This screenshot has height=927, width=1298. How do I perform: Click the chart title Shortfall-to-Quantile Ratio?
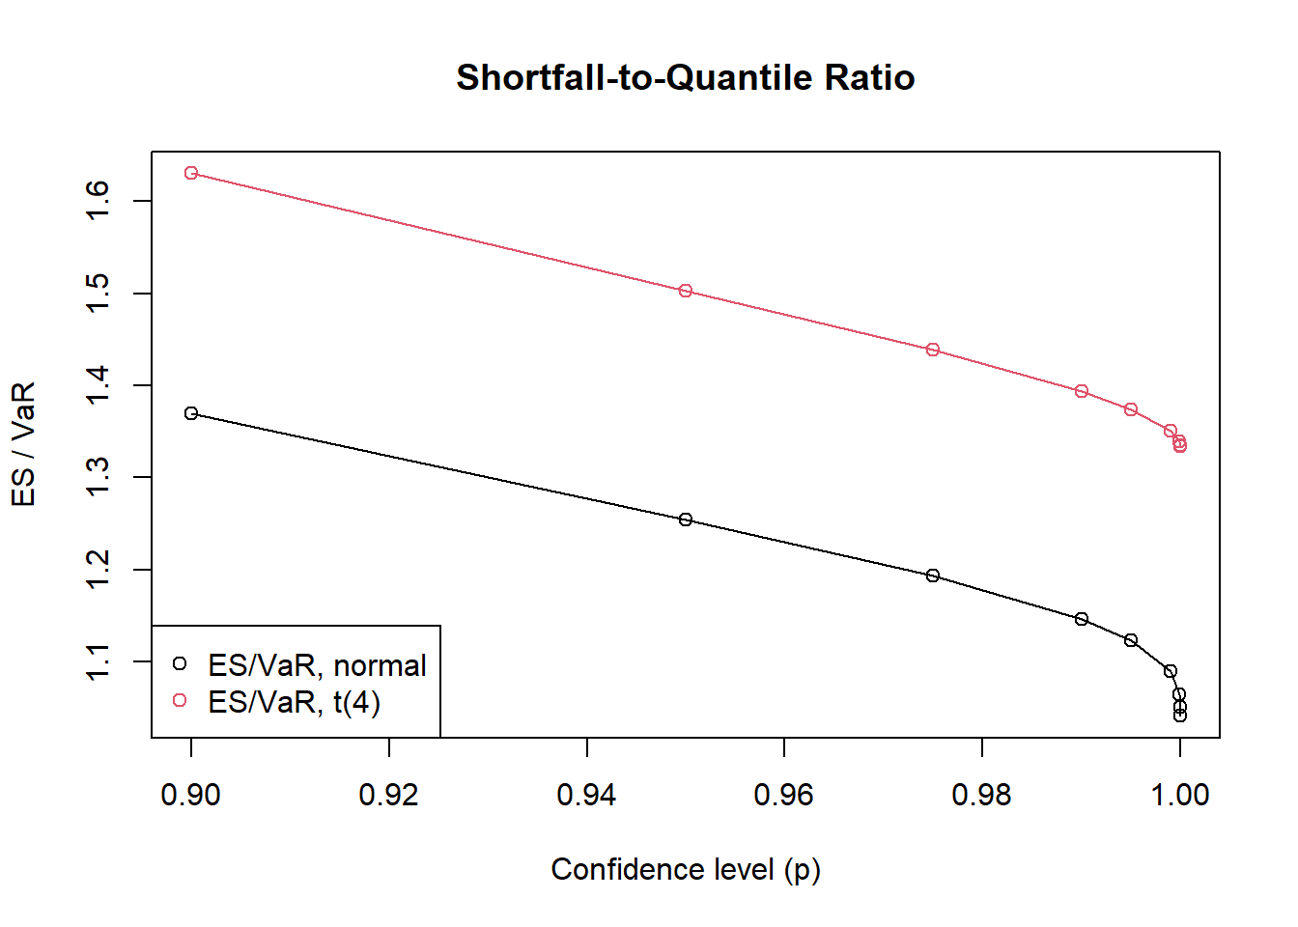point(685,77)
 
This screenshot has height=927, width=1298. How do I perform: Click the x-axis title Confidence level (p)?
point(685,869)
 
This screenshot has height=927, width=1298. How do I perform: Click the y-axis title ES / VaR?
point(23,443)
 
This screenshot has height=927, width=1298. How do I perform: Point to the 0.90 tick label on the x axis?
point(191,795)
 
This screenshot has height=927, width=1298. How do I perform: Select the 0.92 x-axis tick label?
point(388,795)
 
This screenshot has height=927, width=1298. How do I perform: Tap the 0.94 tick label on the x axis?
point(586,795)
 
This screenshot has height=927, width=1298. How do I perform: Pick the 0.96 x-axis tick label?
point(783,795)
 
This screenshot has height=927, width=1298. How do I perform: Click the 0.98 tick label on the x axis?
point(981,795)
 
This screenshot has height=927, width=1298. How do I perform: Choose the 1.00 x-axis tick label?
point(1179,795)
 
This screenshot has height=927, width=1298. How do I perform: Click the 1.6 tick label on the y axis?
point(98,201)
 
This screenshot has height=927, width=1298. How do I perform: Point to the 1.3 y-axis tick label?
point(98,477)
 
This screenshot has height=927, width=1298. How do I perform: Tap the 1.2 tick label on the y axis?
point(98,570)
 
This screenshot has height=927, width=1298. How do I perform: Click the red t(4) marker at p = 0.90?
point(191,173)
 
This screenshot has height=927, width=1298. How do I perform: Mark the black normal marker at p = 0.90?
point(191,413)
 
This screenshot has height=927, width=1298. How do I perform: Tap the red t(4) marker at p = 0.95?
point(686,291)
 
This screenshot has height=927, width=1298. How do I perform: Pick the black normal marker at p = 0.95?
point(686,520)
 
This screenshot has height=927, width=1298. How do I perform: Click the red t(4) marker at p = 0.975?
point(933,350)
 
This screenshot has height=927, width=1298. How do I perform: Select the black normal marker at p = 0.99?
point(1082,619)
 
